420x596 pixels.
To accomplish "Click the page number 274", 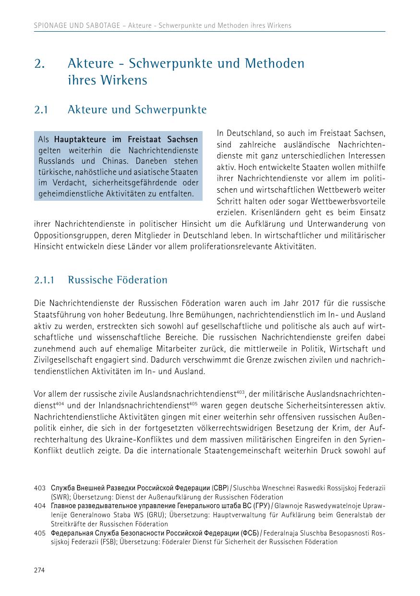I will pyautogui.click(x=39, y=570).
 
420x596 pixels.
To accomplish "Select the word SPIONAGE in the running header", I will pyautogui.click(x=50, y=25).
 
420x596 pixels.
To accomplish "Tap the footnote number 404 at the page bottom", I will pyautogui.click(x=39, y=506).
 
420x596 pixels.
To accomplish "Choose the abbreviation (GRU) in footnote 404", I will pyautogui.click(x=157, y=515).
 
